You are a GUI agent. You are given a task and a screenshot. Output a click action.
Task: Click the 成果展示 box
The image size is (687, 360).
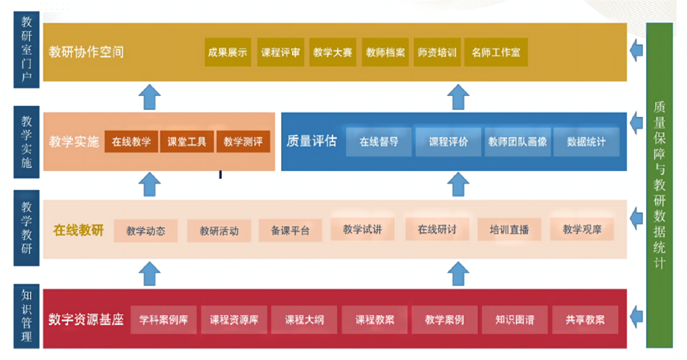point(227,53)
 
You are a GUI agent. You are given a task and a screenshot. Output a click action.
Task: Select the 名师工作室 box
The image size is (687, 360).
point(496,53)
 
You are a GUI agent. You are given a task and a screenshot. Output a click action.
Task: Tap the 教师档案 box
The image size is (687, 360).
point(385,53)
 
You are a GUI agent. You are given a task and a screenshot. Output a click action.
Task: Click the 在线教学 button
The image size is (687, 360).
point(131,142)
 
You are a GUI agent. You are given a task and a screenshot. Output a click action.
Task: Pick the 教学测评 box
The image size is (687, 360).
point(243,142)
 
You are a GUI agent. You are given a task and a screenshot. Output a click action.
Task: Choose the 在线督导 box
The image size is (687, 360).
point(378,142)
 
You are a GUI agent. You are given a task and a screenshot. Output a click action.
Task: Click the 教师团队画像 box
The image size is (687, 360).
point(517,142)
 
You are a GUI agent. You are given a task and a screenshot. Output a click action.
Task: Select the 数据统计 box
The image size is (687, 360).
point(586,142)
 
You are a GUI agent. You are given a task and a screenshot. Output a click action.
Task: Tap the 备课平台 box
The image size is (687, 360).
point(290,231)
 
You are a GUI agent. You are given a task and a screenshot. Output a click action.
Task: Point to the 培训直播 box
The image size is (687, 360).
point(509,230)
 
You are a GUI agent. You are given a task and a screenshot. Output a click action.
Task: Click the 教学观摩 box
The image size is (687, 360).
point(582,229)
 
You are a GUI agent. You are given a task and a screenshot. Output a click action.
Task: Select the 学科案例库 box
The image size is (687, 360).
point(163,320)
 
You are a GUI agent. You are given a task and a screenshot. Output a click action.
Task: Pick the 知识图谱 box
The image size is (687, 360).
point(515,320)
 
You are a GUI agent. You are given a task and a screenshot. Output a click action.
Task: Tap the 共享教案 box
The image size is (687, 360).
point(585,320)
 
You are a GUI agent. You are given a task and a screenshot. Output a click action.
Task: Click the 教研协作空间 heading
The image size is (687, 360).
point(87,52)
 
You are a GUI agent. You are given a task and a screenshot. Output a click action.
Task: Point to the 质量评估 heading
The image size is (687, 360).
point(311,141)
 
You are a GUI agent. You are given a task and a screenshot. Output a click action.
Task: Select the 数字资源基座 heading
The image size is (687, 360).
point(86,319)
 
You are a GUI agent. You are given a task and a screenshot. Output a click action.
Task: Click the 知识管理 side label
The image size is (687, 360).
point(27,316)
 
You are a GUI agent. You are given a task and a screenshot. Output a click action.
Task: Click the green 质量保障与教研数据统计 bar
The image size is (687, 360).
point(659,185)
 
